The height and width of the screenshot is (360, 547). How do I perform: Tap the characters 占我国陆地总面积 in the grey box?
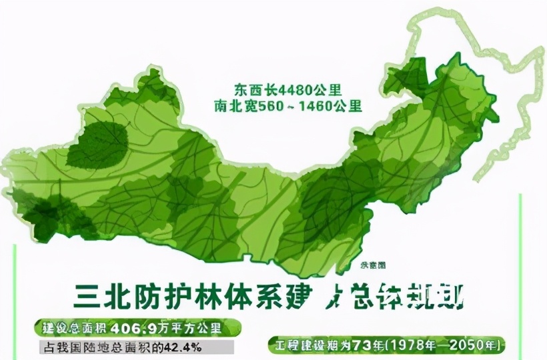point(93,348)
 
